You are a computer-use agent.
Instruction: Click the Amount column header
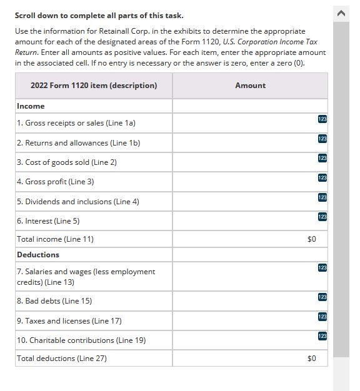point(250,86)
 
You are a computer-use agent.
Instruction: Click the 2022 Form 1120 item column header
point(94,86)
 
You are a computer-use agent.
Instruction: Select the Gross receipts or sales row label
point(76,123)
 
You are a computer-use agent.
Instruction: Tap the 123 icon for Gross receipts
point(322,119)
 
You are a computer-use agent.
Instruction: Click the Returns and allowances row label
point(78,143)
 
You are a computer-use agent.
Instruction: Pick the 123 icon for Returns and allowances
point(322,139)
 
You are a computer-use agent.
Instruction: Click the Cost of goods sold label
point(67,162)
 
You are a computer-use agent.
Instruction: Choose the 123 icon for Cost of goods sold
point(322,159)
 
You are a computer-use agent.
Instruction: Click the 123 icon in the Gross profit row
point(322,178)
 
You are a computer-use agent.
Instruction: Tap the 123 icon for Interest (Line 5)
point(322,217)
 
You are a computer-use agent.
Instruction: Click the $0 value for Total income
point(312,239)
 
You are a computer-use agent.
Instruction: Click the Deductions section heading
point(38,255)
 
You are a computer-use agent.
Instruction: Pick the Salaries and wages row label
point(86,277)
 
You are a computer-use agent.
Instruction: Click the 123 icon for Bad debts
point(322,297)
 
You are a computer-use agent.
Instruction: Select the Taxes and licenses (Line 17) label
point(69,321)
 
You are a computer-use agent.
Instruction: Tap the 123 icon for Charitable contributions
point(322,336)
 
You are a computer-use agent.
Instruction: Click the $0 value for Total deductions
point(312,359)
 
